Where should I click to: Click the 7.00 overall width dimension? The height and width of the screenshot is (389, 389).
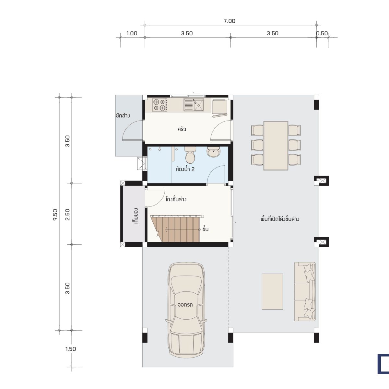(230, 21)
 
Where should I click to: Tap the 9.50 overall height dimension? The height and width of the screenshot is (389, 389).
(55, 215)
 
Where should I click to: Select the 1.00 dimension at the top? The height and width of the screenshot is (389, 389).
(132, 33)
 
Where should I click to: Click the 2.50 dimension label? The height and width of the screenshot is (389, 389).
(67, 215)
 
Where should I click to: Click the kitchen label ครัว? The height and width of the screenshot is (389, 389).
(182, 129)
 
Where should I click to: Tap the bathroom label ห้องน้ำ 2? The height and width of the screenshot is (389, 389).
(185, 169)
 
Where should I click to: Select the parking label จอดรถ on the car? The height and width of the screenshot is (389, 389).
(185, 305)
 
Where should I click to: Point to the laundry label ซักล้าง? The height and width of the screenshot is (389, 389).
(123, 116)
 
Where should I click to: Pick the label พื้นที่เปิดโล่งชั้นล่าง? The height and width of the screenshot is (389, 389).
(280, 219)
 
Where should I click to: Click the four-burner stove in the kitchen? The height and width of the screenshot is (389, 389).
(159, 105)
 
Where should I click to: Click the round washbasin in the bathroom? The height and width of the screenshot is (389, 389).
(213, 152)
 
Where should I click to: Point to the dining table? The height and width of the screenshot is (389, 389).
(276, 146)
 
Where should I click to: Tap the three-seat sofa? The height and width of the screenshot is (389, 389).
(305, 291)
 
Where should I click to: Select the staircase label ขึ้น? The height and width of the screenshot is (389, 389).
(205, 229)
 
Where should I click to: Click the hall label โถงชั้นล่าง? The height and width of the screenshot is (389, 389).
(176, 199)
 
